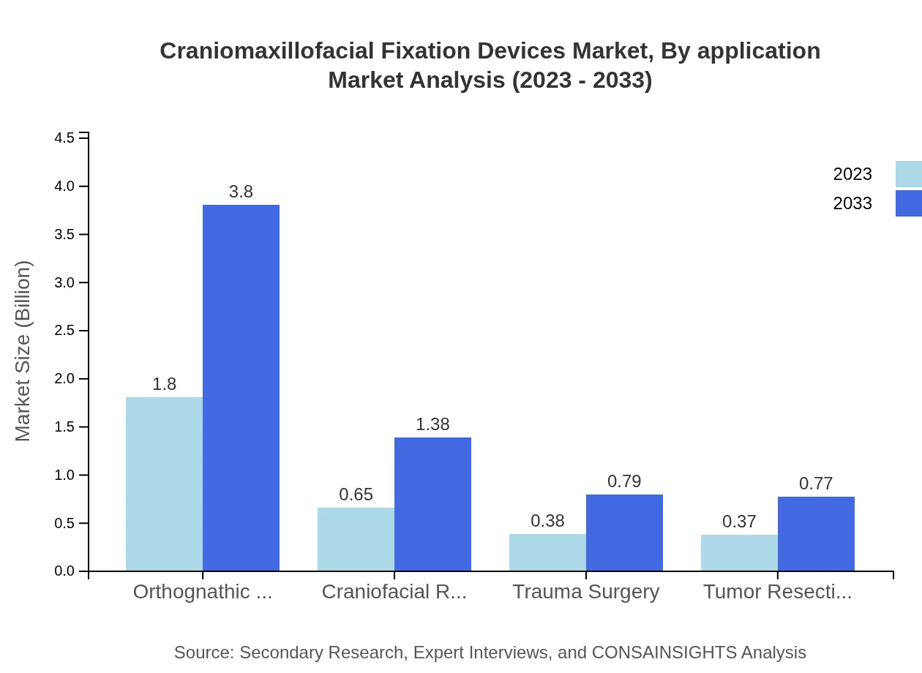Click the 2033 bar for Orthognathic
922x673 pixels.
[241, 388]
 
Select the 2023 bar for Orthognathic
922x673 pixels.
[164, 484]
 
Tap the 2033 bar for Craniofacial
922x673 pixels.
[432, 504]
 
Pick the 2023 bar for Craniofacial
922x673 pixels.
[356, 539]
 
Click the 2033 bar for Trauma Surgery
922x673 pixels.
[624, 533]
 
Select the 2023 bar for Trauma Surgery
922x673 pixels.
[547, 552]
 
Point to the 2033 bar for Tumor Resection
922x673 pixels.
[816, 533]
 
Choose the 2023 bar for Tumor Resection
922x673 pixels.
[739, 552]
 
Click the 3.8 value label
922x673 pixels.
[241, 192]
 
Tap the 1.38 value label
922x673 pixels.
[432, 424]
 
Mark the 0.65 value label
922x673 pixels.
[356, 495]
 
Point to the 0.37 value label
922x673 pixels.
[739, 522]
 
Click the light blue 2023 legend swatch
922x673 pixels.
[908, 174]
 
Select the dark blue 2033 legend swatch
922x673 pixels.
[908, 203]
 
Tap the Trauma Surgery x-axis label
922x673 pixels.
[585, 592]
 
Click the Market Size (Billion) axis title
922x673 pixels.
[23, 351]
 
